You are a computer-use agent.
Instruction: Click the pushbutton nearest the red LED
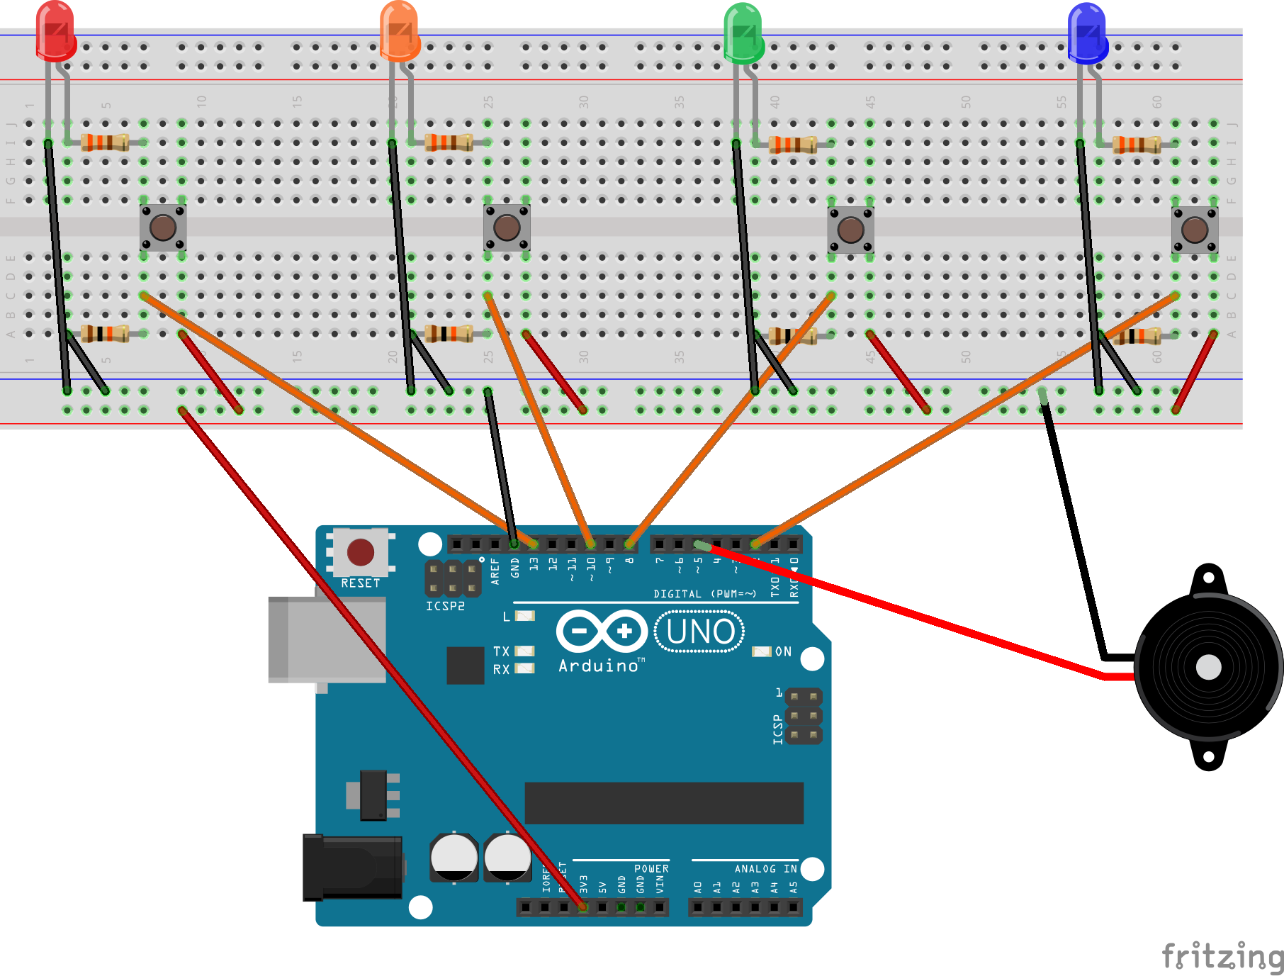tap(163, 228)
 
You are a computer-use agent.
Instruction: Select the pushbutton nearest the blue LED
tap(1195, 230)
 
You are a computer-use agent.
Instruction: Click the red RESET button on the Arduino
tap(360, 552)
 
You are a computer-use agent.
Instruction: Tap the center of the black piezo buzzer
tap(1208, 667)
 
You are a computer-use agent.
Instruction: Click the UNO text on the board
tap(700, 632)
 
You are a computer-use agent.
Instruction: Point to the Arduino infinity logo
tap(602, 631)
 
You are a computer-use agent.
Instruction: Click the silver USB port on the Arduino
tap(327, 640)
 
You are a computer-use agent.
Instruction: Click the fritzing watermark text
tap(1222, 956)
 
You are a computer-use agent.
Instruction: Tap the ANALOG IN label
tap(765, 868)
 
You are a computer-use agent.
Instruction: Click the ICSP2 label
tap(445, 606)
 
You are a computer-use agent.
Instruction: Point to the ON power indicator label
tap(782, 651)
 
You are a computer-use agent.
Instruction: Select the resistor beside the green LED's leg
tap(793, 145)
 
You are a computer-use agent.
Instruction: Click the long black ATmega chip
tap(664, 803)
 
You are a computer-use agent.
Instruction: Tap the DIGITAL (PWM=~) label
tap(704, 594)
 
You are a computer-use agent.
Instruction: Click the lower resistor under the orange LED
tap(449, 333)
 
